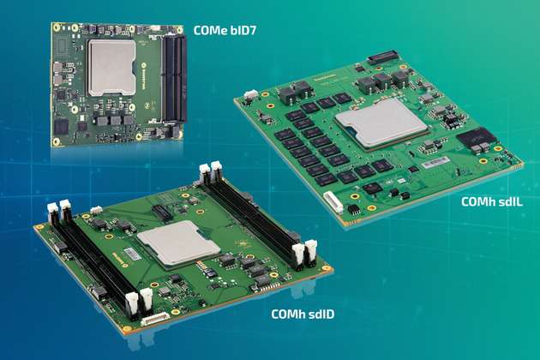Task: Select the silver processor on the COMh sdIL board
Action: point(381,130)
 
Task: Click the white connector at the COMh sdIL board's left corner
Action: point(250,95)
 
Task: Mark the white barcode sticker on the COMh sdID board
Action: point(129,255)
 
